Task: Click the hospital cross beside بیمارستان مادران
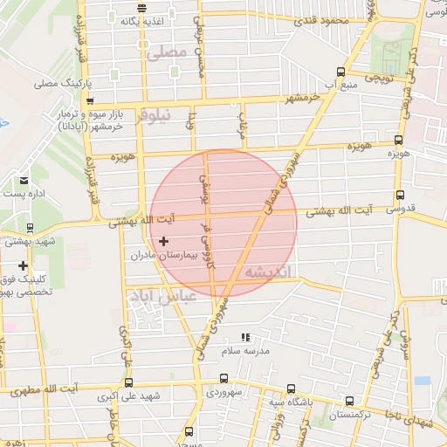click(163, 241)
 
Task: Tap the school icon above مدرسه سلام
click(245, 337)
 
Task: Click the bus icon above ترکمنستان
click(349, 402)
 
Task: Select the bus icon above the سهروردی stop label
click(224, 379)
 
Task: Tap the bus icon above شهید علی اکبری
click(129, 382)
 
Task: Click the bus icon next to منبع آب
click(340, 72)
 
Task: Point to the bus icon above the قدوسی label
click(400, 196)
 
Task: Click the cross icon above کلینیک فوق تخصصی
click(23, 265)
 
